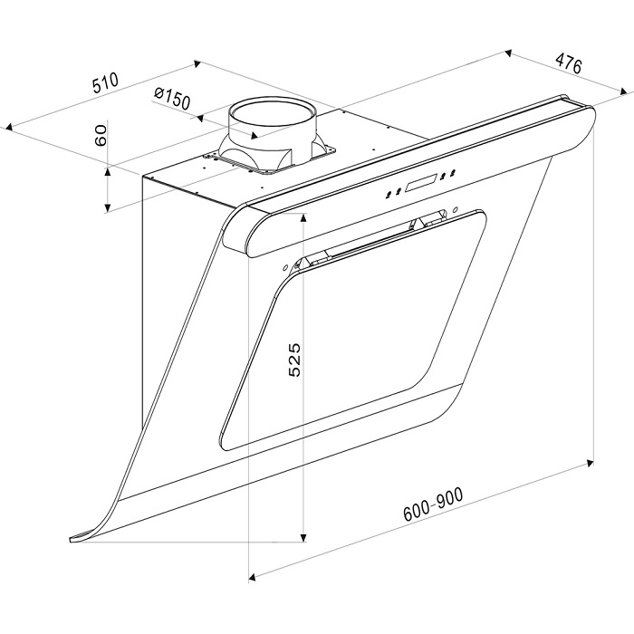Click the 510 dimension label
106,82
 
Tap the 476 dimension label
568,62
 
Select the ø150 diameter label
172,98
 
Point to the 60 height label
100,135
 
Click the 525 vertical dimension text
294,360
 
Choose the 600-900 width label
434,504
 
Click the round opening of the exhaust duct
272,111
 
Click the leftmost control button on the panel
389,194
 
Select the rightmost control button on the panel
453,173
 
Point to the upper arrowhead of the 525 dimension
303,219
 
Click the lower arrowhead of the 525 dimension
303,537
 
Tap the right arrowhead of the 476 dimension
625,91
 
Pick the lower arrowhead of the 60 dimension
107,207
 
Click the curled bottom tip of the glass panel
72,539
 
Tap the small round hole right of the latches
456,209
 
